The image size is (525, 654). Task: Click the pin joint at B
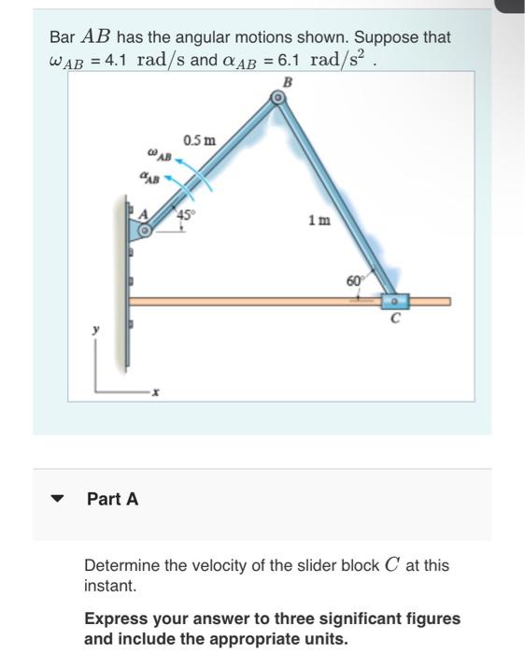point(276,98)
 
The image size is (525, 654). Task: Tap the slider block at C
point(394,301)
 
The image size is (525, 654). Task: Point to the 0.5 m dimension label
point(200,141)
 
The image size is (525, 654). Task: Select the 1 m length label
point(318,221)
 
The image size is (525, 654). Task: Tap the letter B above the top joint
point(287,82)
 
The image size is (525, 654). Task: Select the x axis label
point(156,394)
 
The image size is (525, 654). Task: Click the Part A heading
point(112,499)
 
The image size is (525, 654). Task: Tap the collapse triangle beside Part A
point(58,499)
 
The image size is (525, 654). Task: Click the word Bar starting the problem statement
point(63,37)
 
